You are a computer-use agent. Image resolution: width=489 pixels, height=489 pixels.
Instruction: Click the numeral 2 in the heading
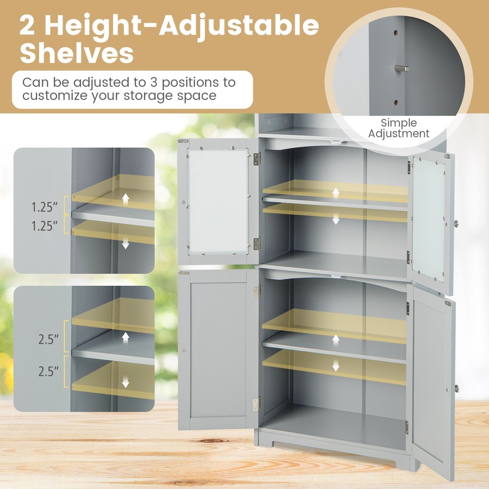(30, 26)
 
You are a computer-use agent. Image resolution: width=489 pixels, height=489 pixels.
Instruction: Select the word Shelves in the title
(77, 54)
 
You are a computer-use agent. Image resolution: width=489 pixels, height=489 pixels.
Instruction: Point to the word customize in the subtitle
(57, 96)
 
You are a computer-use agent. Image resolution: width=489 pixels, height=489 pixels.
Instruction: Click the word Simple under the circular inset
(398, 123)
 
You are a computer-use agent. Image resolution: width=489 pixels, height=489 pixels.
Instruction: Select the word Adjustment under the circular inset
(398, 134)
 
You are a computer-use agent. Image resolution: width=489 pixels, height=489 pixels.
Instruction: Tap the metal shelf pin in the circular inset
(400, 68)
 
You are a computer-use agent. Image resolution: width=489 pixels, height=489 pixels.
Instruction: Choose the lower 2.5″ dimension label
(48, 372)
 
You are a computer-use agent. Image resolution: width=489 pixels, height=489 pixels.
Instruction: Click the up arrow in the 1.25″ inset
(126, 198)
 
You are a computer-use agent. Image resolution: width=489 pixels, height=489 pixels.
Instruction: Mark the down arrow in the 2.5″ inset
(126, 382)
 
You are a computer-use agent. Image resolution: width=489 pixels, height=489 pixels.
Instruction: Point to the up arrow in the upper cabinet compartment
(336, 192)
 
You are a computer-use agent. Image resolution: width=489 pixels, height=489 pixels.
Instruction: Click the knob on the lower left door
(185, 350)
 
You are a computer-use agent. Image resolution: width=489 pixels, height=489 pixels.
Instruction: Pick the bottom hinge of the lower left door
(256, 403)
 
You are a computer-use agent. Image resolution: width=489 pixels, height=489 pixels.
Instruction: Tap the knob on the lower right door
(456, 388)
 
